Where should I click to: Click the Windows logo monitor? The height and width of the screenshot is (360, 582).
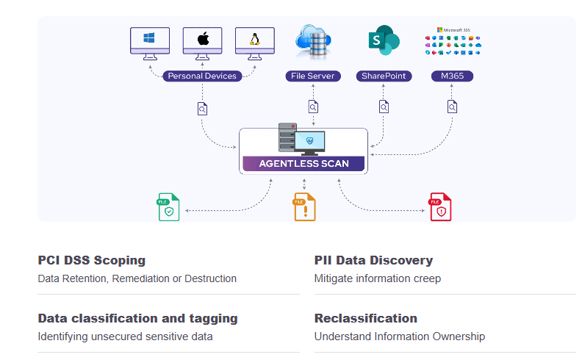click(x=150, y=40)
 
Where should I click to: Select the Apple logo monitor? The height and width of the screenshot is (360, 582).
click(x=203, y=40)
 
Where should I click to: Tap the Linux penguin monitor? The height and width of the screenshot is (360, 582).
click(x=255, y=40)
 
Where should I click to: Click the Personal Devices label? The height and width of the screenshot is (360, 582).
click(x=202, y=76)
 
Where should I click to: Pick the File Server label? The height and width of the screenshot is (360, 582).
click(x=313, y=76)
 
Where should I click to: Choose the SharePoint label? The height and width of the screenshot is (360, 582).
click(x=384, y=76)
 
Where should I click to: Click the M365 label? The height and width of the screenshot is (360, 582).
click(x=452, y=76)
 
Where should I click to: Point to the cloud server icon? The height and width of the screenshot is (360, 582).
click(x=313, y=41)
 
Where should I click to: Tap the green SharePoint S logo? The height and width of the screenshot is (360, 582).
click(x=383, y=40)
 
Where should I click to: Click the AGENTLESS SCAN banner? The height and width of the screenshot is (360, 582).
click(x=303, y=163)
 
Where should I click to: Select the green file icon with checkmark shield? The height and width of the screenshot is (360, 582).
click(x=169, y=208)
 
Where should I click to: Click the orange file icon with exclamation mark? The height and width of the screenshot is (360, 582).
click(x=304, y=208)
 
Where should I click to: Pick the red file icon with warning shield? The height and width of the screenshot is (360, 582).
click(x=440, y=208)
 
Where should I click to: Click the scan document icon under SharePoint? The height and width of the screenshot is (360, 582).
click(x=384, y=107)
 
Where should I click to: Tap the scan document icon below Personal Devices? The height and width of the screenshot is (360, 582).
click(x=202, y=109)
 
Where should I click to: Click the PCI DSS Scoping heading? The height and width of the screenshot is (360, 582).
click(x=92, y=260)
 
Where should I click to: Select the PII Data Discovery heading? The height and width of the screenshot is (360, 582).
click(x=373, y=260)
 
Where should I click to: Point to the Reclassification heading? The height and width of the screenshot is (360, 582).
click(x=366, y=318)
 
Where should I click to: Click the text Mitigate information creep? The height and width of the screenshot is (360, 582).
click(x=377, y=278)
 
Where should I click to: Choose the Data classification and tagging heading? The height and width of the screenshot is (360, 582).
click(x=137, y=318)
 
